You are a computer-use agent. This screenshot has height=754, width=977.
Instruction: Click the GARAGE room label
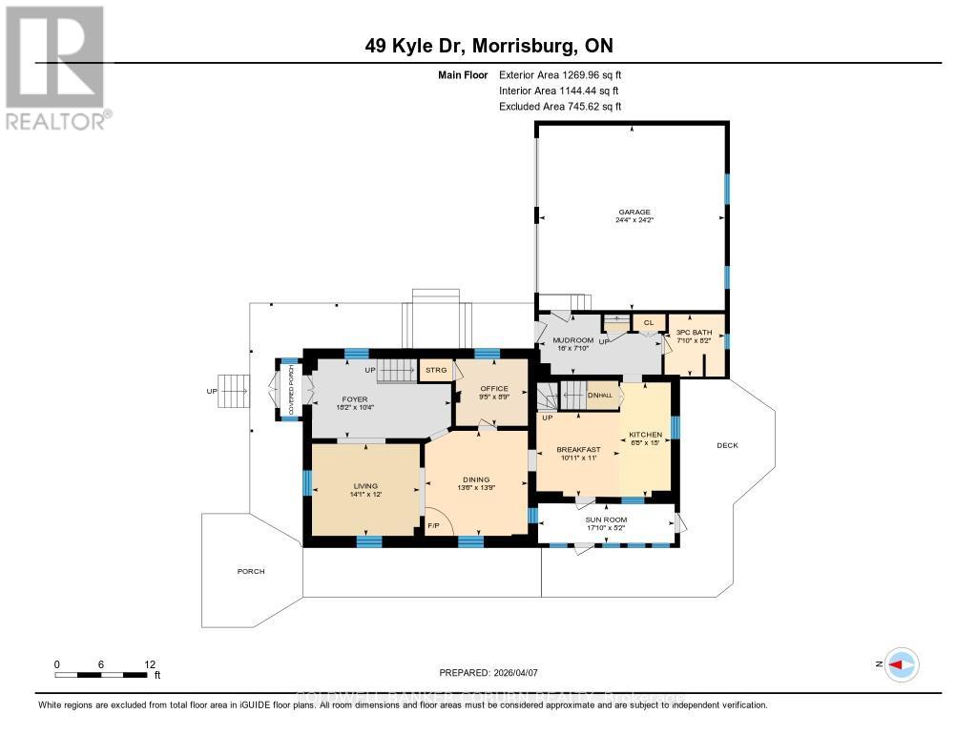(x=634, y=213)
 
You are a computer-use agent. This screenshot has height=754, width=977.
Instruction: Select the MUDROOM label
(x=572, y=340)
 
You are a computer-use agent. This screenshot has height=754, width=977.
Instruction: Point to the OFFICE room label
(x=494, y=388)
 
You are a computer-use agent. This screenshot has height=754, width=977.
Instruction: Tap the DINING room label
(x=476, y=479)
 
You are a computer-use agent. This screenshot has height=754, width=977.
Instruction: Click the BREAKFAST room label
(x=578, y=449)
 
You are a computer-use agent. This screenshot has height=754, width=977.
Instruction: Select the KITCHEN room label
(x=645, y=435)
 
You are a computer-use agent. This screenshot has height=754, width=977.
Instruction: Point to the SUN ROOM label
(x=607, y=520)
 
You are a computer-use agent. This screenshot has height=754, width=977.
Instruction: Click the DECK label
(x=728, y=445)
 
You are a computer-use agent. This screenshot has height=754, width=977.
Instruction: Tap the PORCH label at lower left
(x=251, y=571)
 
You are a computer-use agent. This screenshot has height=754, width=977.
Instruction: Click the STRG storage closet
(x=436, y=369)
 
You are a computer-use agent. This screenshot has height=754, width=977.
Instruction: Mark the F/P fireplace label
(x=432, y=526)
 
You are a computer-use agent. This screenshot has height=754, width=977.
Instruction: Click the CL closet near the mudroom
(x=648, y=322)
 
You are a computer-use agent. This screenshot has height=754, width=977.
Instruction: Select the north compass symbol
(x=901, y=664)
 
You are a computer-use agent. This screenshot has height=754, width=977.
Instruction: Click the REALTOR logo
(x=56, y=67)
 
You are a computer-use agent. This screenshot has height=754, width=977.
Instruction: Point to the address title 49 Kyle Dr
(x=488, y=45)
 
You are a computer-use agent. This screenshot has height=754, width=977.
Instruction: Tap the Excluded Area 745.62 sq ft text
(x=566, y=107)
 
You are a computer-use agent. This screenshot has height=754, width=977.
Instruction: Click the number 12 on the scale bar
(x=149, y=663)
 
